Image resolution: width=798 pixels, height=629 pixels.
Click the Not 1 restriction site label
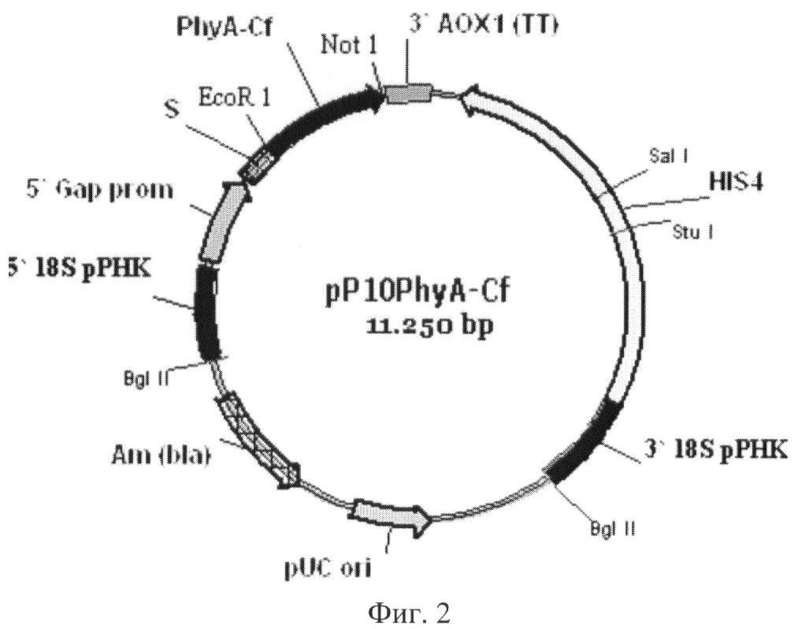[x=349, y=46]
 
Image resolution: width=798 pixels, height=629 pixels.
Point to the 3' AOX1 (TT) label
[x=483, y=24]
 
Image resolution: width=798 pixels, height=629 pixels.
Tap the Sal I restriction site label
[x=668, y=156]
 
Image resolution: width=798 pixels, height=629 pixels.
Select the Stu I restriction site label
[x=692, y=233]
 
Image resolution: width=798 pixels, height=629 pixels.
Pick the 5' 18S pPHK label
[x=79, y=267]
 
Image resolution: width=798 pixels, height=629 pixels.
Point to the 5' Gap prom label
[x=99, y=191]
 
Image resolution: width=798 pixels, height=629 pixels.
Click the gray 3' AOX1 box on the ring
[x=408, y=94]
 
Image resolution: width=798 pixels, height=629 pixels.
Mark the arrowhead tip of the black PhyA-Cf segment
[x=384, y=93]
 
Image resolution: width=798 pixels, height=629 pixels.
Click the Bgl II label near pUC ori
[x=613, y=529]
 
